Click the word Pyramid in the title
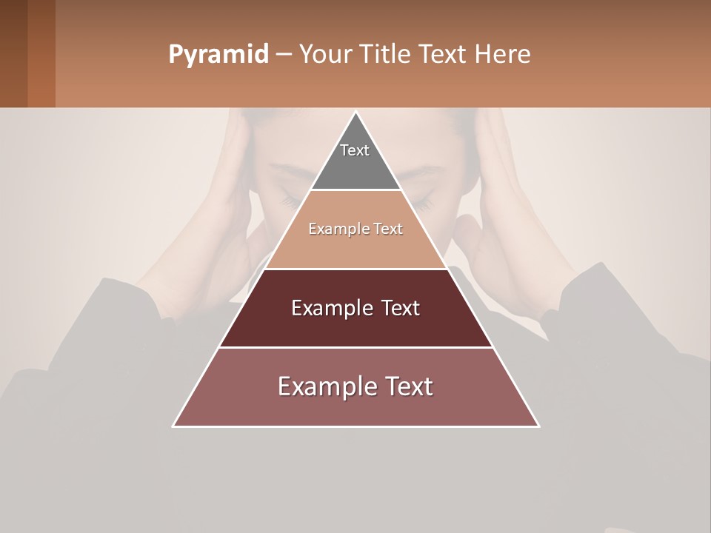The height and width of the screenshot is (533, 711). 218,55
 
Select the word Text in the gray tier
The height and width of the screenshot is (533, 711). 355,150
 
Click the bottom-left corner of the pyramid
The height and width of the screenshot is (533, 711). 174,426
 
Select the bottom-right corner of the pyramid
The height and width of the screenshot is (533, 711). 538,426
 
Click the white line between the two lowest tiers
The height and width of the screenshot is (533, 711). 355,347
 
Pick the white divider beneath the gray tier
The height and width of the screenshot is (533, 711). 355,190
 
